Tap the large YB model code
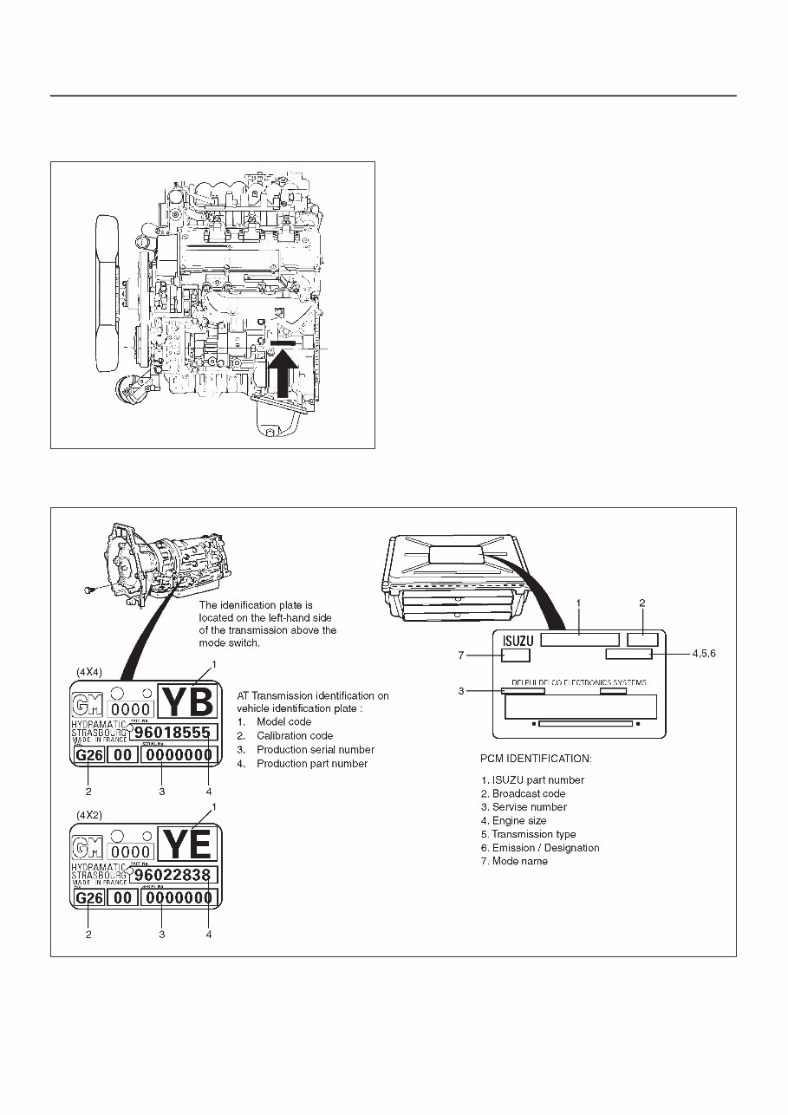188,701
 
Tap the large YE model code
188,843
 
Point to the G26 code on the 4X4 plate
88,755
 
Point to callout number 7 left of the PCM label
461,655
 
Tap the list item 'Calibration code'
294,735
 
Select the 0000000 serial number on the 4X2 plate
178,898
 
